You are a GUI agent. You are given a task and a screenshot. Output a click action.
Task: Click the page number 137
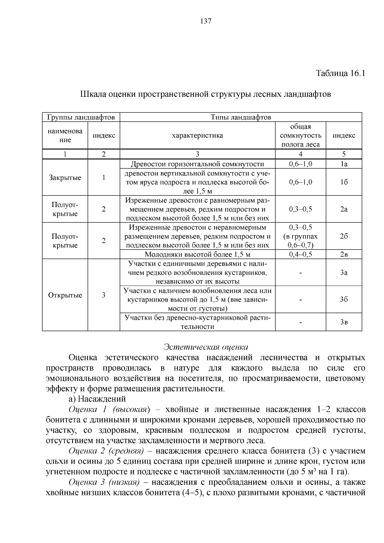point(206,21)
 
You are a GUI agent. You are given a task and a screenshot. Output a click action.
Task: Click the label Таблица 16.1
point(340,73)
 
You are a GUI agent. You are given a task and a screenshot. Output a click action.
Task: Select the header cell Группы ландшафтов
point(81,117)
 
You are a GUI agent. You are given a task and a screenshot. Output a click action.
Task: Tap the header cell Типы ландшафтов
point(241,117)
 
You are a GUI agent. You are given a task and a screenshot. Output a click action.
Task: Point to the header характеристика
point(197,135)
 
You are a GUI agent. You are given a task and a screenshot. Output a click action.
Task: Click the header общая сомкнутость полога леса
point(300,135)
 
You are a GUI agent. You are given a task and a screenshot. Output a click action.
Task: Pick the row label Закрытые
point(65,178)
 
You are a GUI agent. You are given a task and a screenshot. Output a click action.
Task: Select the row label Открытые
point(65,295)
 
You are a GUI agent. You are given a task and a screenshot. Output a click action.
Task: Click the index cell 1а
point(344,164)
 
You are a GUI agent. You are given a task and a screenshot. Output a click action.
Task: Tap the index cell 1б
point(344,182)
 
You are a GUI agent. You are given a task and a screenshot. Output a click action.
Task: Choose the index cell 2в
point(344,254)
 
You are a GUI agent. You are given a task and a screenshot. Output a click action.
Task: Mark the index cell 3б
point(344,299)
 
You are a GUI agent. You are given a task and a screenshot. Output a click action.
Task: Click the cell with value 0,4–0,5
point(300,254)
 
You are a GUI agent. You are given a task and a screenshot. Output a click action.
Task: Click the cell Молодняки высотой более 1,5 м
point(197,254)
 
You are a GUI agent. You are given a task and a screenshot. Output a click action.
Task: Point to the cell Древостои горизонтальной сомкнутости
point(197,164)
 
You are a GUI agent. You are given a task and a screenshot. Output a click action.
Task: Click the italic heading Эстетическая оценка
point(205,347)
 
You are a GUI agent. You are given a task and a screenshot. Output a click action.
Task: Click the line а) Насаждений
point(97,399)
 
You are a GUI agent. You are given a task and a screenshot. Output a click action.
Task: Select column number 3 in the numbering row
point(197,154)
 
